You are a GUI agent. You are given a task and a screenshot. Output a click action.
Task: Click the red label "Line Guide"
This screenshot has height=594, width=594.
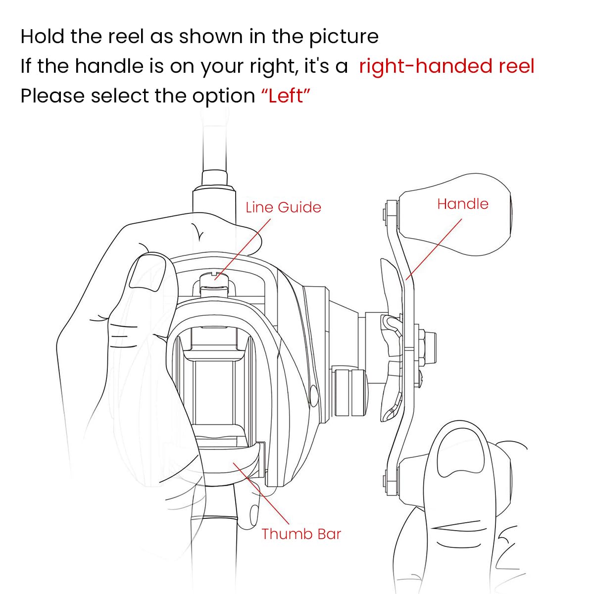[283, 207]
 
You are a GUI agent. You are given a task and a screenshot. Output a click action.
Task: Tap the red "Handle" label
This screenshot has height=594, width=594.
[462, 203]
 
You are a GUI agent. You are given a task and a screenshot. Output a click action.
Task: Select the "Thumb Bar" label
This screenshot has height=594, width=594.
[301, 534]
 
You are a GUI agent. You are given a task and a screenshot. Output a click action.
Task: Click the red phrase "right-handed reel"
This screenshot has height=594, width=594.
[446, 66]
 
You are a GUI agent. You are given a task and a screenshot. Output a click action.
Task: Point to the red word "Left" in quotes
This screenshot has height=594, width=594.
[285, 96]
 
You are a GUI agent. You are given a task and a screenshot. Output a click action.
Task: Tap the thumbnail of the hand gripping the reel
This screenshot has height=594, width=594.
[147, 271]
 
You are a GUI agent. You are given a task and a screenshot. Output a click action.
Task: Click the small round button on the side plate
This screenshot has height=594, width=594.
[313, 394]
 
